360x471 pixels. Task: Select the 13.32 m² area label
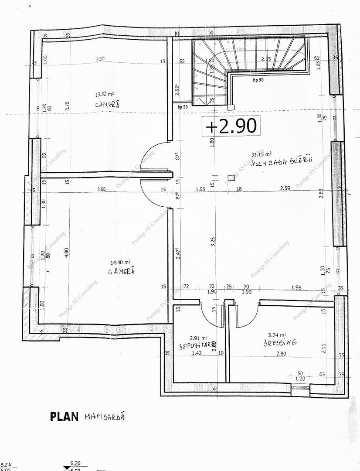click(105, 93)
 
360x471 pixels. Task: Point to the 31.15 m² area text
click(262, 154)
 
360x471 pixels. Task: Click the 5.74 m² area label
click(277, 335)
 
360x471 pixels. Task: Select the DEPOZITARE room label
click(198, 345)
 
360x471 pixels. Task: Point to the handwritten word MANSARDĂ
click(105, 416)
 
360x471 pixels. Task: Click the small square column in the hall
click(230, 177)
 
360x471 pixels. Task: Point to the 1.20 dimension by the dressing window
click(300, 379)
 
